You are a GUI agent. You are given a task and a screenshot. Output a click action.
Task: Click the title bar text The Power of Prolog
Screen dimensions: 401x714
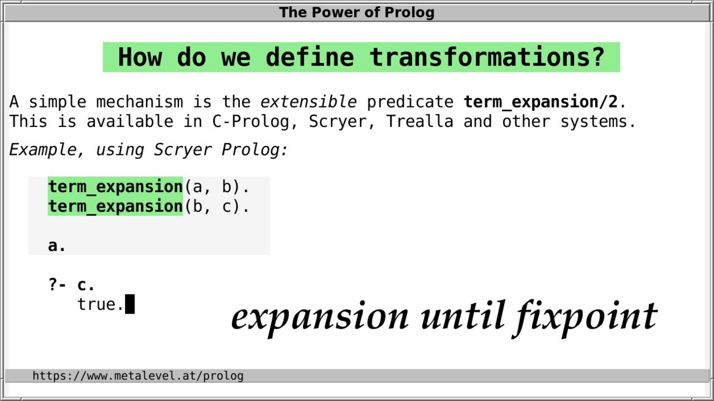[x=356, y=12]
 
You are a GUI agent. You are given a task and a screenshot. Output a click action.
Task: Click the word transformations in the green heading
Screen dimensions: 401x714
[x=487, y=57]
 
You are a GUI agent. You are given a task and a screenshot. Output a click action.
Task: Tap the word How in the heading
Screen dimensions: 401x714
[x=139, y=57]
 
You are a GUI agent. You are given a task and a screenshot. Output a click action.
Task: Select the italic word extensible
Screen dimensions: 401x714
[x=308, y=102]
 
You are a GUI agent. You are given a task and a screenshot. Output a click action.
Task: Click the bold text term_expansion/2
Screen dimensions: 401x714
[x=540, y=102]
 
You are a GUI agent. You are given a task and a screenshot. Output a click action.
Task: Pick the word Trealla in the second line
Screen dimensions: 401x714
[x=419, y=121]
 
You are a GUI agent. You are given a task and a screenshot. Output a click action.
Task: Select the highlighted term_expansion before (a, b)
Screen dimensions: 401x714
[x=115, y=187]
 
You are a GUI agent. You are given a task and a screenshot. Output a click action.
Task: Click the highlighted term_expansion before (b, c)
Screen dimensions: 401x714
[x=115, y=207]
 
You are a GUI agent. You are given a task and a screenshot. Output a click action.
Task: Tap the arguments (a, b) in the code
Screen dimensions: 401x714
[x=216, y=187]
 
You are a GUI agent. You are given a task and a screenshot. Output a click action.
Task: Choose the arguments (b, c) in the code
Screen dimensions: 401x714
[x=216, y=207]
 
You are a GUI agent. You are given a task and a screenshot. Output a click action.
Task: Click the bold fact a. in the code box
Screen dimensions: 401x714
[x=57, y=246]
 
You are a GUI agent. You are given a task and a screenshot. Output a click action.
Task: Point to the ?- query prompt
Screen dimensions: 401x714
[x=57, y=285]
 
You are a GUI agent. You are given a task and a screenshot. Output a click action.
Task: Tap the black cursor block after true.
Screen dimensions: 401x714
[x=130, y=305]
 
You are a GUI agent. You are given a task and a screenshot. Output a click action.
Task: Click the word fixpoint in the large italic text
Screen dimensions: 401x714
[x=586, y=316]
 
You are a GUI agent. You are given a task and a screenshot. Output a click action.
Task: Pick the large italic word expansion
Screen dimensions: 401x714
[x=320, y=316]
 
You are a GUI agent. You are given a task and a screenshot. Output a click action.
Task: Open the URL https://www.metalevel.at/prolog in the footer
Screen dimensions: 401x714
[x=138, y=376]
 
